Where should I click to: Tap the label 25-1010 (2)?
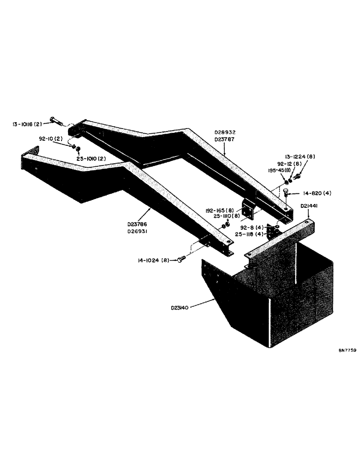pos(94,159)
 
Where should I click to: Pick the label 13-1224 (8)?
pos(300,157)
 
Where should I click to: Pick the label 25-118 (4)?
pos(251,234)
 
